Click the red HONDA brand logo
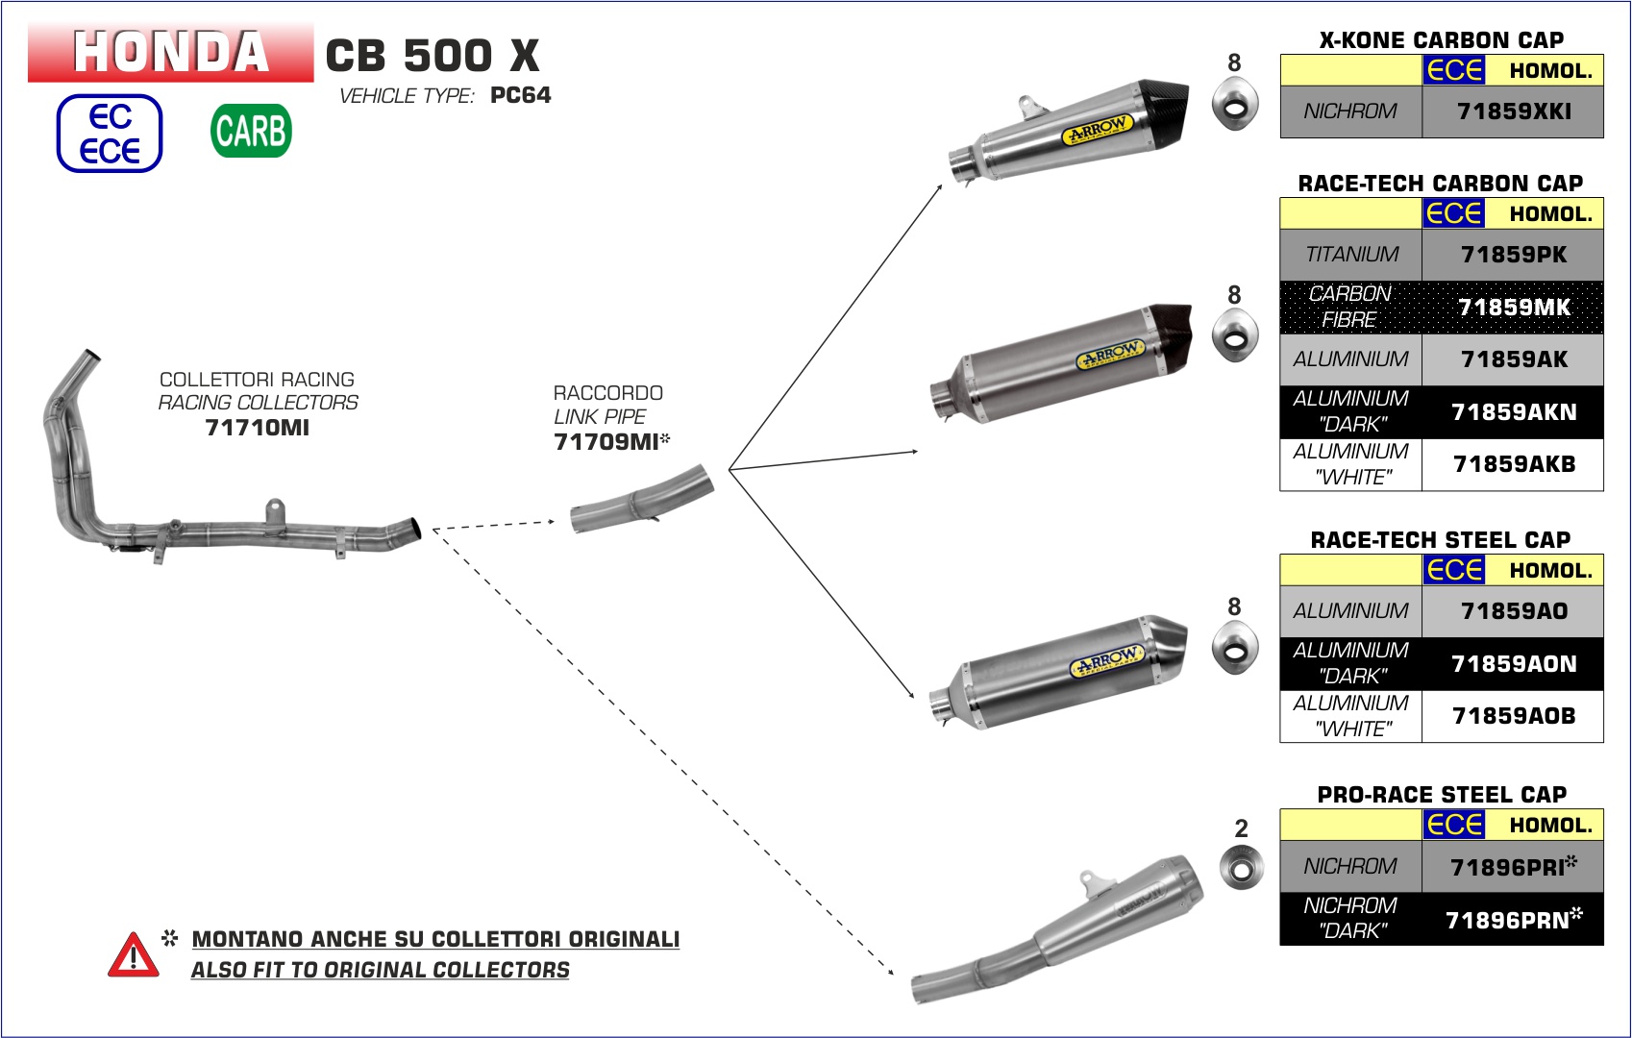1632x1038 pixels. (x=170, y=52)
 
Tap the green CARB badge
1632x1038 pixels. (x=251, y=131)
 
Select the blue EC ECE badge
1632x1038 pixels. (x=110, y=134)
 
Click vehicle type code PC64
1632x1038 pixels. (x=520, y=95)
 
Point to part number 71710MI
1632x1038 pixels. (x=258, y=428)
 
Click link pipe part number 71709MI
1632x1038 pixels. (x=606, y=442)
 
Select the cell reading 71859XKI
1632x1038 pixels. (x=1513, y=111)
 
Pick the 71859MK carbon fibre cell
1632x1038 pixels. (x=1513, y=308)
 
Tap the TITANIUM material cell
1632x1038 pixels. (x=1351, y=255)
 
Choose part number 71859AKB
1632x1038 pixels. (x=1513, y=464)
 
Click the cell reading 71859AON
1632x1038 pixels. (x=1513, y=664)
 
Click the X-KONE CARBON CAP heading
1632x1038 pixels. (x=1441, y=40)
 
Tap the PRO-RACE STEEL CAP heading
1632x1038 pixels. (x=1441, y=795)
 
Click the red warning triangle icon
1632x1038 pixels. (x=134, y=955)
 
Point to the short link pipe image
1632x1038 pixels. (x=642, y=500)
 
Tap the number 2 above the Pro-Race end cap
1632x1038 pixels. (x=1241, y=828)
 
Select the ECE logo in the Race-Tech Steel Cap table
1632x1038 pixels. (x=1454, y=570)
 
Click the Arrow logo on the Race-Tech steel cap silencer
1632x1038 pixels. (x=1106, y=661)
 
